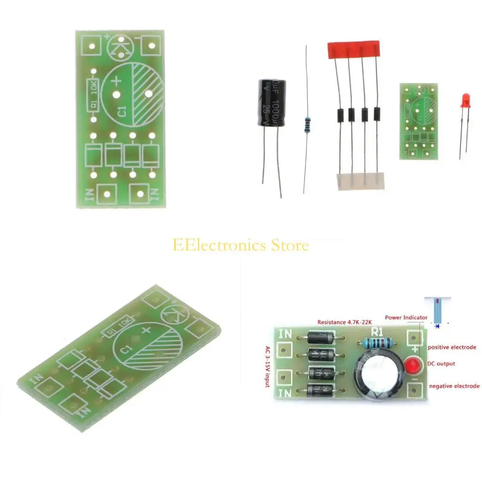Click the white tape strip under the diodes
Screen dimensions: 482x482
click(x=360, y=181)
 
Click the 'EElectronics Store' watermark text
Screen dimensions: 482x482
click(x=241, y=245)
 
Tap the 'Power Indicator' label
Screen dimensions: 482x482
click(x=406, y=317)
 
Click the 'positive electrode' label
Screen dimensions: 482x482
click(x=452, y=347)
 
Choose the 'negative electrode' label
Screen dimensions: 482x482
click(x=454, y=386)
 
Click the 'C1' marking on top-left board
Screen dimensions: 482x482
click(x=122, y=112)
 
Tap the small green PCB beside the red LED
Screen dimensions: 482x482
click(x=418, y=121)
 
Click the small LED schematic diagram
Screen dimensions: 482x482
click(x=437, y=311)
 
